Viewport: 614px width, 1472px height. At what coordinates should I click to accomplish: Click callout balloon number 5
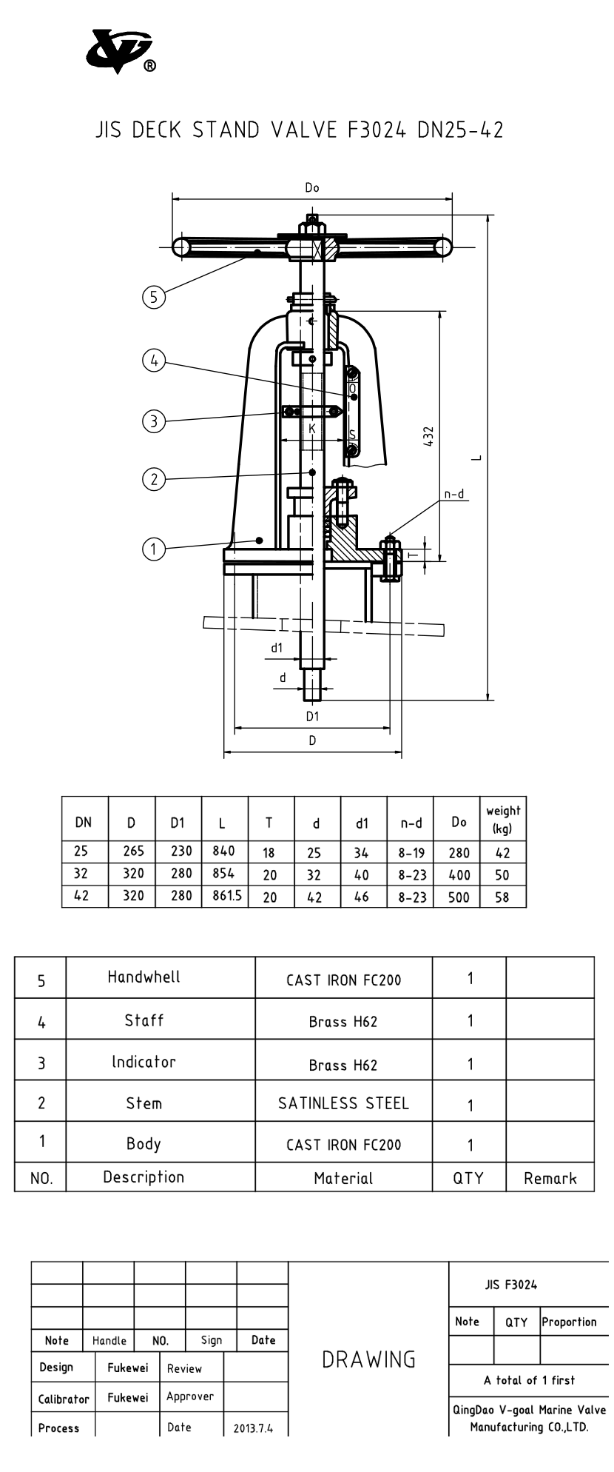153,297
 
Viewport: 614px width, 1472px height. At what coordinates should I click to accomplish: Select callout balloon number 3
153,421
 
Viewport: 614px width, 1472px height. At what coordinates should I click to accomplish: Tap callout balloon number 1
153,549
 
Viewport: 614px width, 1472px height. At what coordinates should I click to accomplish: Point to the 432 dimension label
429,435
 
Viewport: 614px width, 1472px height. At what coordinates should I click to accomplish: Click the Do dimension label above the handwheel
312,188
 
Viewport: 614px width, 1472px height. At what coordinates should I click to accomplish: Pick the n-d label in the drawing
455,494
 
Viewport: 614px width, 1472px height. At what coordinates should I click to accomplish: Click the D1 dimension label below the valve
312,716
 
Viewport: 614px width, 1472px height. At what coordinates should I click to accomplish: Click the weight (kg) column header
503,819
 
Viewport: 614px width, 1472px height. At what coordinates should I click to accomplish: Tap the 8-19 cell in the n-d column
411,853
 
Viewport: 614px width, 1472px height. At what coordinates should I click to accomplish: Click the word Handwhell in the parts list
144,977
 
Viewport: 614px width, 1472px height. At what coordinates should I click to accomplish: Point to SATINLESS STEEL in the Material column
343,1103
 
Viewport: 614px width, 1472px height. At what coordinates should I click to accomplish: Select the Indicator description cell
144,1062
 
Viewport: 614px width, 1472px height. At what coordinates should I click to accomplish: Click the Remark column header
550,1177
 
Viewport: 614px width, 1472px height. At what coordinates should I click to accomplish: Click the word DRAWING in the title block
368,1359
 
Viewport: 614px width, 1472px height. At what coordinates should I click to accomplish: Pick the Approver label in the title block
190,1396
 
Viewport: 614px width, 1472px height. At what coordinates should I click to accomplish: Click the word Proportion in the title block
569,1322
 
